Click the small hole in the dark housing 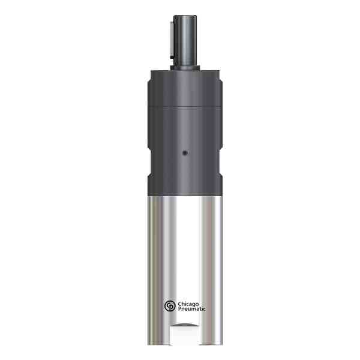(184, 152)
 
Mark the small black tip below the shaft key (172, 60)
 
